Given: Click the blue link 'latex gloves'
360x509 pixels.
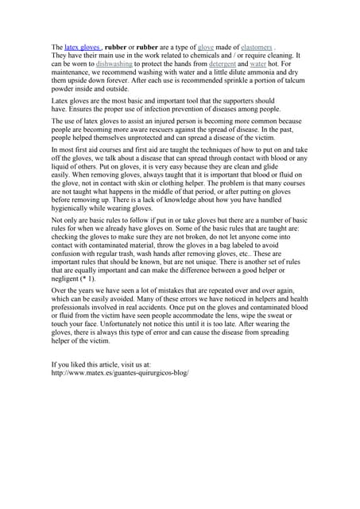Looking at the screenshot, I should click(x=82, y=48).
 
